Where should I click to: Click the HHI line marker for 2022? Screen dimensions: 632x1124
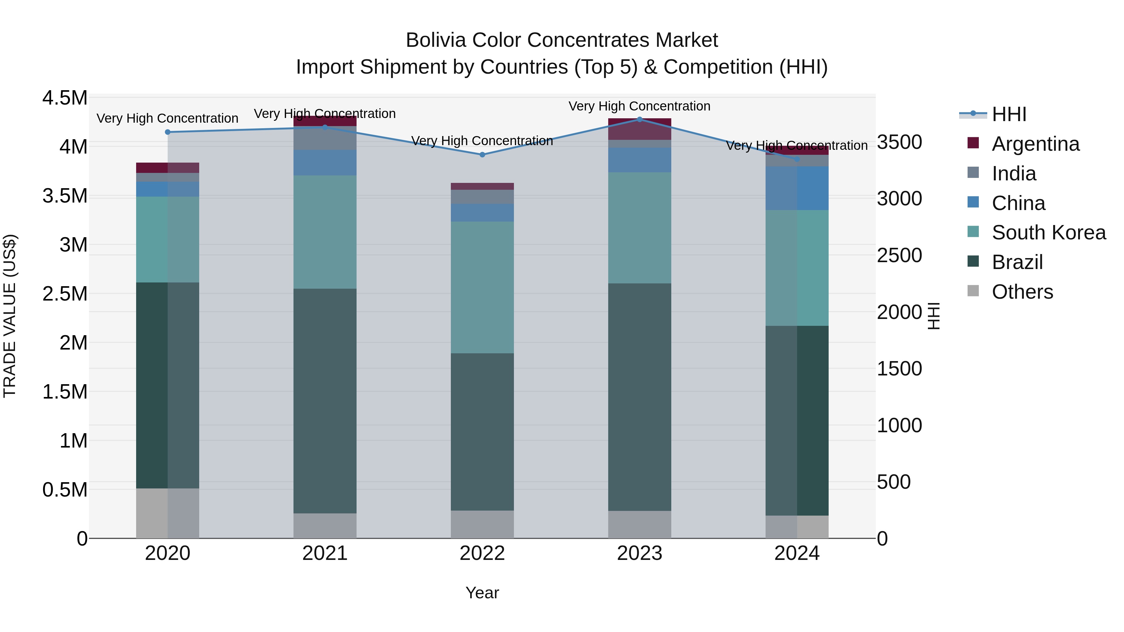click(x=482, y=155)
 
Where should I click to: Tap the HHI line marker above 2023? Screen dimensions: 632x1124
click(x=640, y=120)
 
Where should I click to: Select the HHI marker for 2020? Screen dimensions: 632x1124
click(x=168, y=132)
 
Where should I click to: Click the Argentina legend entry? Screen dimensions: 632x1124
click(x=1035, y=144)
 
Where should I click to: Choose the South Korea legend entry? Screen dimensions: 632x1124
click(x=1048, y=233)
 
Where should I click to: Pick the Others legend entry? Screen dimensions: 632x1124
click(x=1022, y=292)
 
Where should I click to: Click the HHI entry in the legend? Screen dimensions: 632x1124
click(x=1008, y=114)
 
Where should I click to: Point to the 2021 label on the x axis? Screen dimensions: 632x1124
click(x=325, y=553)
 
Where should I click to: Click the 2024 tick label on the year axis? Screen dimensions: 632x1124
click(x=797, y=553)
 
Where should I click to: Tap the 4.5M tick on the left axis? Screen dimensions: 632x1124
click(x=65, y=98)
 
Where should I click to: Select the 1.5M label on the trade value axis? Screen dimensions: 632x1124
click(x=65, y=392)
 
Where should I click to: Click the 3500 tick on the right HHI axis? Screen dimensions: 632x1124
click(x=899, y=142)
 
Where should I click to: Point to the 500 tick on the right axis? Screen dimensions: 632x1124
click(x=894, y=482)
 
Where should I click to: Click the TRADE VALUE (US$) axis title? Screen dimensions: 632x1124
click(x=10, y=316)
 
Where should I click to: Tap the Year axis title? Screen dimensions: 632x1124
click(x=482, y=593)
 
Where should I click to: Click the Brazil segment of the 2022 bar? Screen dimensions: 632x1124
click(x=482, y=432)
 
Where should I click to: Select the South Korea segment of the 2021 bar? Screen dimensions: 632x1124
click(x=325, y=232)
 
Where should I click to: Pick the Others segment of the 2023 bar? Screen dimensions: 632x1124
click(x=640, y=524)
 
